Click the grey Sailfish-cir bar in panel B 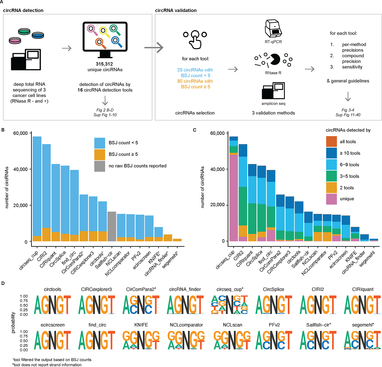(x=112, y=226)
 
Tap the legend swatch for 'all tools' (x=331, y=142)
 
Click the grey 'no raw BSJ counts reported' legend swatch (x=100, y=166)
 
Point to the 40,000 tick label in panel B (x=20, y=169)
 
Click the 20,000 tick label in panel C (x=217, y=205)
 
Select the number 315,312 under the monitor (x=104, y=64)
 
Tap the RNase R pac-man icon (x=275, y=59)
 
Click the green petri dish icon (x=24, y=32)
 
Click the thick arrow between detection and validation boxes (x=154, y=48)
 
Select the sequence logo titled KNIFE (x=141, y=340)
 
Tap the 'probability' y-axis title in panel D (x=13, y=322)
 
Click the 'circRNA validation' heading (x=176, y=10)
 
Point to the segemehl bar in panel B (x=177, y=240)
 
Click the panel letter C (x=195, y=130)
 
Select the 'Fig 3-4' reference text (x=348, y=110)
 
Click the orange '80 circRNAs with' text (x=195, y=81)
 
